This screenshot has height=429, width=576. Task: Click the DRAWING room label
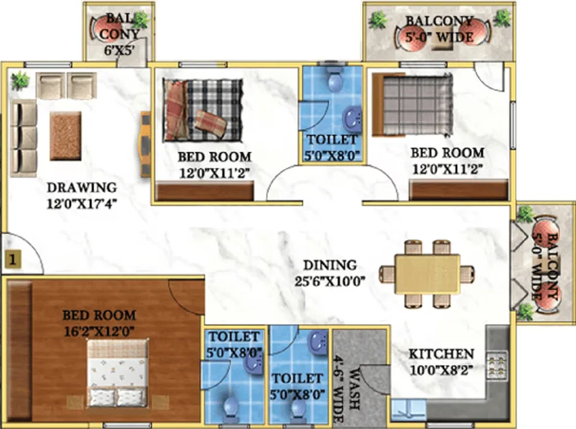[x=82, y=188]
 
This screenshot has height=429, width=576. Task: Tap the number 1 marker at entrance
[x=12, y=260]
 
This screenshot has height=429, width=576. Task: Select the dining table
[x=427, y=273]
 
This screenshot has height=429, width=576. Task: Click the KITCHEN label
[x=441, y=354]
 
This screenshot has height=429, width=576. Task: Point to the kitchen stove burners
[x=497, y=365]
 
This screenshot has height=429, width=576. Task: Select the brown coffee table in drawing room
[x=66, y=136]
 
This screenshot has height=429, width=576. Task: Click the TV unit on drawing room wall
[x=146, y=145]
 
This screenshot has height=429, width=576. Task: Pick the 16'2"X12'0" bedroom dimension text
[x=99, y=332]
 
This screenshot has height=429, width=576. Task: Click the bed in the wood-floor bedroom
[x=118, y=373]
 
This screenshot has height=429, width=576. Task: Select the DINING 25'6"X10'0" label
[x=330, y=273]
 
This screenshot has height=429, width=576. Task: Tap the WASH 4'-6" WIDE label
[x=348, y=389]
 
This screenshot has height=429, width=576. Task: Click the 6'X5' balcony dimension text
[x=118, y=50]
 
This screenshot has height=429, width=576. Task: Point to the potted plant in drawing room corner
[x=20, y=80]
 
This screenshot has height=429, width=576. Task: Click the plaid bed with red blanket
[x=203, y=110]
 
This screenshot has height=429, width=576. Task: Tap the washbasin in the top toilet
[x=352, y=118]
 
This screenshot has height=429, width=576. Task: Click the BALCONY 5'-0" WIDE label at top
[x=439, y=29]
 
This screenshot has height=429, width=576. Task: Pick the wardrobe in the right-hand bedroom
[x=459, y=190]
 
